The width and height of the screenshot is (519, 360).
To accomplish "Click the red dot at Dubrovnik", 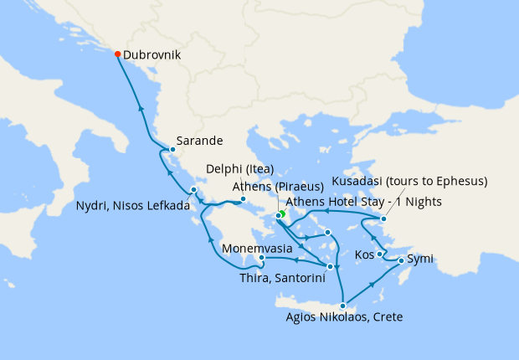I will click(x=117, y=54).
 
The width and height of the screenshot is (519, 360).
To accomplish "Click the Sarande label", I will click(x=199, y=141).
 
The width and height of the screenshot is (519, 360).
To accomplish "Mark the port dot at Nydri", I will click(x=193, y=190).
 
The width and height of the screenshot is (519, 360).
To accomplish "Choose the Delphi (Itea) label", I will click(x=240, y=169).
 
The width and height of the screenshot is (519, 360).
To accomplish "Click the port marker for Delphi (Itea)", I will click(x=243, y=199).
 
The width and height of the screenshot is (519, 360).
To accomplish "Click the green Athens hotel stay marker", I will click(x=282, y=214).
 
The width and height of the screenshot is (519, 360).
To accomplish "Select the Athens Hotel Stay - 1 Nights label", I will click(x=363, y=202).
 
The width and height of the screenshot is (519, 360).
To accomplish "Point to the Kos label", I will click(x=364, y=253).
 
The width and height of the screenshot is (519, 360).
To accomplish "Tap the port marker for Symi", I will click(x=401, y=261).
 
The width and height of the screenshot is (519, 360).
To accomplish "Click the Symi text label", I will click(x=422, y=259).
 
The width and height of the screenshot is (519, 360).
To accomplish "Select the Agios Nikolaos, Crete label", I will click(x=344, y=317).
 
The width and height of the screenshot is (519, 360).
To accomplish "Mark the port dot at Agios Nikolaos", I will click(x=342, y=306).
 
